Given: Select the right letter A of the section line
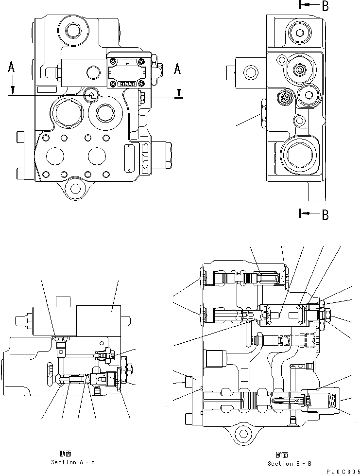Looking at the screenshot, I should point(178,70).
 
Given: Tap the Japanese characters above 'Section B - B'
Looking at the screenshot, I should point(281,455).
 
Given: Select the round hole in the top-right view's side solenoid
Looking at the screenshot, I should point(251,73).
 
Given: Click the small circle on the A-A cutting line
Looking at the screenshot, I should point(90,95).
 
